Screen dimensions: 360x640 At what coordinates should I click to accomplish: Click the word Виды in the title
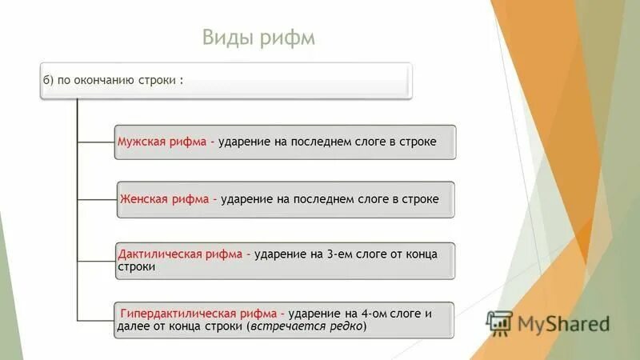tap(225, 38)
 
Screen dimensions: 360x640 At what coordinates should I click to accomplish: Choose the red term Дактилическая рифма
tap(180, 254)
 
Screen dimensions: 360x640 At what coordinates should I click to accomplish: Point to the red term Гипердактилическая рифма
tap(198, 313)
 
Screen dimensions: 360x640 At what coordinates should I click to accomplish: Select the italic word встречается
tap(284, 326)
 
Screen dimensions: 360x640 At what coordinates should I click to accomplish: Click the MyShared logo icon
tap(499, 322)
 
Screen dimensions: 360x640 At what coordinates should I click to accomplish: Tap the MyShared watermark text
tap(562, 323)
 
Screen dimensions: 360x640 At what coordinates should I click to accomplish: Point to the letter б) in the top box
tap(49, 81)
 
